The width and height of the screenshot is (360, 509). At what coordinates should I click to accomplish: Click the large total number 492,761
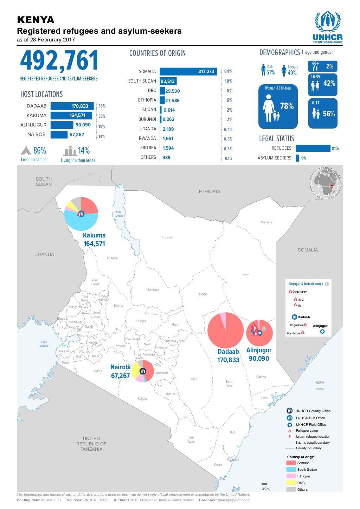tap(59, 61)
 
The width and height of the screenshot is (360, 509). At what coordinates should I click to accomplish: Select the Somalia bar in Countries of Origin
tap(188, 71)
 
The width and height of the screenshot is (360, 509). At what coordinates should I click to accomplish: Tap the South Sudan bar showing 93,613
tap(168, 81)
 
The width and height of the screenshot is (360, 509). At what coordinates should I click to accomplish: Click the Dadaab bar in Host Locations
tap(72, 106)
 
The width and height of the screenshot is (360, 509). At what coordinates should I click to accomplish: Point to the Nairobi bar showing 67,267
tap(59, 135)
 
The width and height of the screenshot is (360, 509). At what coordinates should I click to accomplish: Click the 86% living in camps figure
tap(39, 151)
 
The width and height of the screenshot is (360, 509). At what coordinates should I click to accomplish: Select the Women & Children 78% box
tap(278, 106)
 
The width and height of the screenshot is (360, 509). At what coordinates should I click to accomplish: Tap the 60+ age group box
tap(322, 66)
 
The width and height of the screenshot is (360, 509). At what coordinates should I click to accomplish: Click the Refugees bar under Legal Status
tap(313, 148)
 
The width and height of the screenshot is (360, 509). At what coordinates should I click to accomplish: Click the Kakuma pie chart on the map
tap(81, 214)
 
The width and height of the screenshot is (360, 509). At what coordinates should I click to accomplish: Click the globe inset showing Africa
tap(325, 184)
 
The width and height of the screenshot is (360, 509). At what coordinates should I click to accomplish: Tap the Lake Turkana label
tap(118, 214)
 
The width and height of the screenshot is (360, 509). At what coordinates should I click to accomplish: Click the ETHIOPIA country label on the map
tap(210, 191)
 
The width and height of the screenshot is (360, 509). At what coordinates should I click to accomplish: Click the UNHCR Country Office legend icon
tap(290, 411)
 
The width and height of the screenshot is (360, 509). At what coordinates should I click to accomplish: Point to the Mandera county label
tap(266, 222)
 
